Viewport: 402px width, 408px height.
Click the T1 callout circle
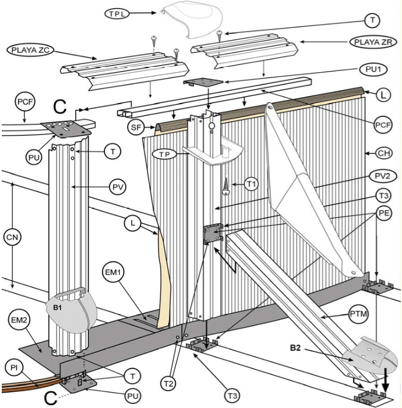[x=251, y=185]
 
